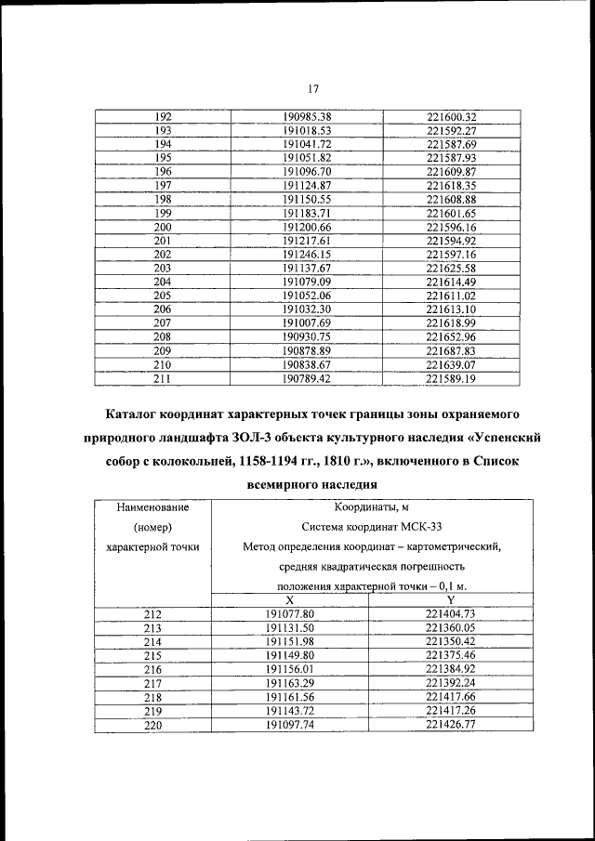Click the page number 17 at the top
(x=313, y=88)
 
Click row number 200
(x=163, y=227)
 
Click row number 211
(x=163, y=377)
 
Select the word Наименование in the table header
(x=153, y=506)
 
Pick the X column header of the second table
(x=290, y=600)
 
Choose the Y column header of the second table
(x=451, y=600)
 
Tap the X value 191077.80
(x=290, y=614)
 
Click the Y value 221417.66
(x=451, y=696)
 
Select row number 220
(x=153, y=724)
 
